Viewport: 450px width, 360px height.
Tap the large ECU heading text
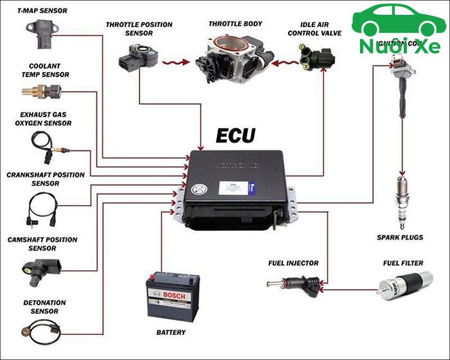235,136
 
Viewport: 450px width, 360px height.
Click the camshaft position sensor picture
42,267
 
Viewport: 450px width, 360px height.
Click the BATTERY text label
171,332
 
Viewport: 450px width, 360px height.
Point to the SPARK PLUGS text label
400,237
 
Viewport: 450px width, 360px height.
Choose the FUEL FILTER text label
402,263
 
